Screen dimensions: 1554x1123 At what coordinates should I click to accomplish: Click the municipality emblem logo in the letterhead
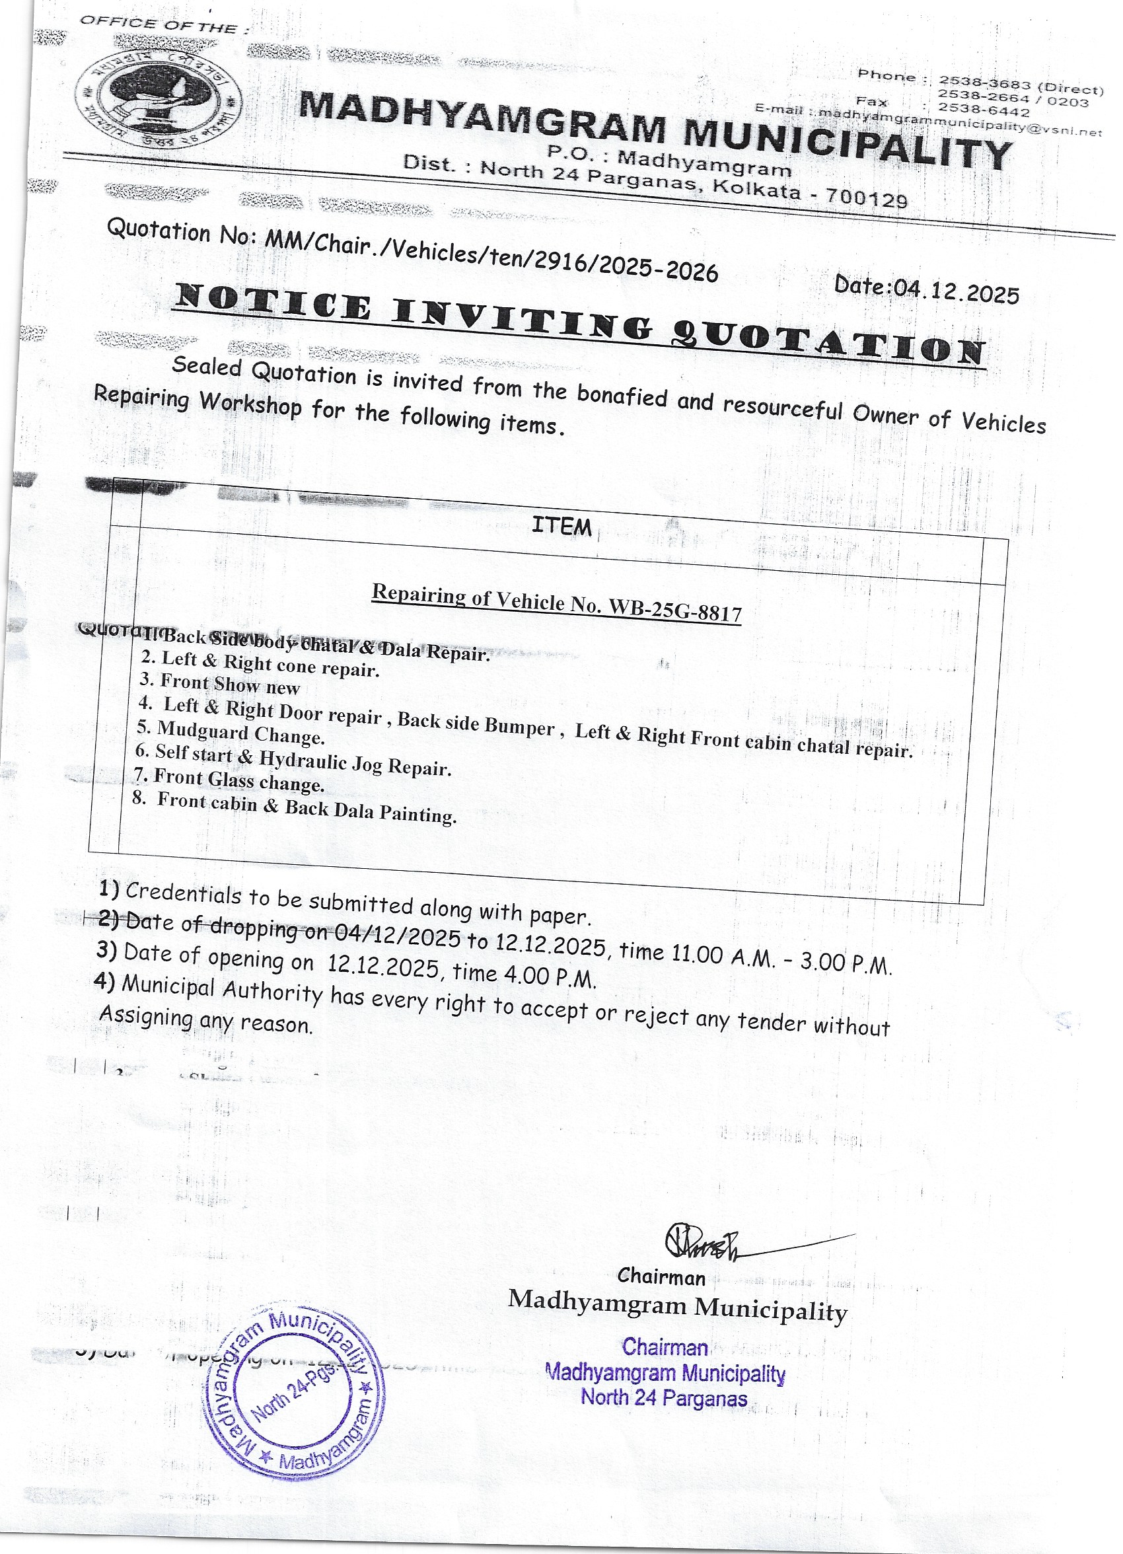159,100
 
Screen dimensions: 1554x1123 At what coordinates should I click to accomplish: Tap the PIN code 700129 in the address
866,198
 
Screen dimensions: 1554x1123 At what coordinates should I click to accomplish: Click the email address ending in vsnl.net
959,123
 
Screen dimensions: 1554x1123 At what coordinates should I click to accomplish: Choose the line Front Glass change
229,780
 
